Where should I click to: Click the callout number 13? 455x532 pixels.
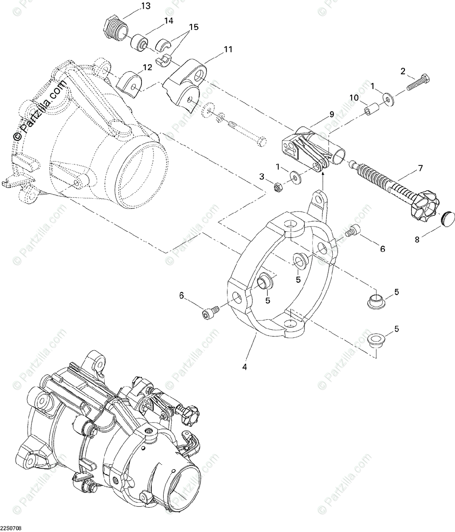145,6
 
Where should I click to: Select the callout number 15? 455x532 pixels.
192,27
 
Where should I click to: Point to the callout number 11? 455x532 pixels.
227,50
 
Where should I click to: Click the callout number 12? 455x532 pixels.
147,67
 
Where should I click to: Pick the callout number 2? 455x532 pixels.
403,71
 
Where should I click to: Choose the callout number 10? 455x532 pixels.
353,98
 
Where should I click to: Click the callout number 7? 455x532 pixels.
420,168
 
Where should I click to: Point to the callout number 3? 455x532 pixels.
262,176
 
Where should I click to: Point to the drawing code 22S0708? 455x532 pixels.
12,528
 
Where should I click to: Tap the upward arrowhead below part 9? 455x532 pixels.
323,175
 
